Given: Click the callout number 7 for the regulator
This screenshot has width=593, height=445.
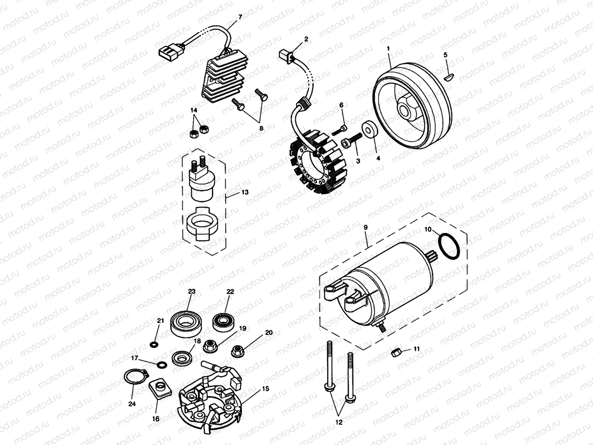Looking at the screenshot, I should (x=240, y=17).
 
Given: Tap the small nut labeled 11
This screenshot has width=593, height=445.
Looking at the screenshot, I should (x=396, y=353).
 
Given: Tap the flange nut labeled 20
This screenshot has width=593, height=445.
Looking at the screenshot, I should (x=236, y=351).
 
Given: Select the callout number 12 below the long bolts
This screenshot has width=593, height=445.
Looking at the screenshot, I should (x=339, y=422).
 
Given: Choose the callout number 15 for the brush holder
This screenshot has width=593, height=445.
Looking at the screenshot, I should (x=265, y=389).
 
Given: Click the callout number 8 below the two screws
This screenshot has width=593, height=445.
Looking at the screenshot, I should (x=261, y=128).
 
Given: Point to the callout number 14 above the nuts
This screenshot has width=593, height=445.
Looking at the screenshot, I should (x=193, y=110).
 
